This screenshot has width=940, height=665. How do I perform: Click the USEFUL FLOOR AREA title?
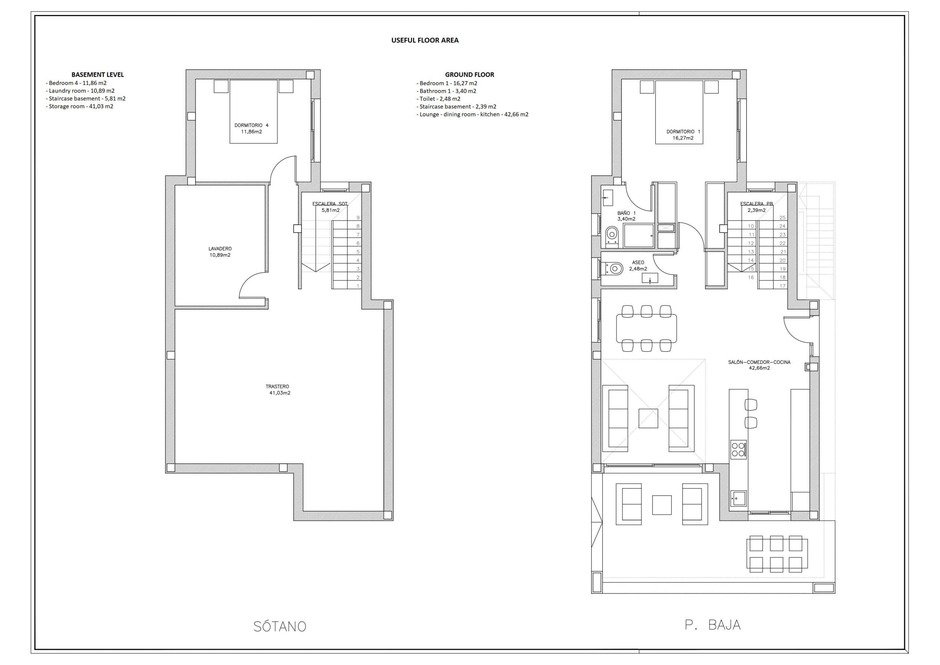tap(424, 40)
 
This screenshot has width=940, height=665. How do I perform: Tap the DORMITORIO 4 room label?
tap(252, 128)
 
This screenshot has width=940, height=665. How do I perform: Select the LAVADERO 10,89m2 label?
tap(220, 252)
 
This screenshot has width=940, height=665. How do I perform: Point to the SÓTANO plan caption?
tap(280, 626)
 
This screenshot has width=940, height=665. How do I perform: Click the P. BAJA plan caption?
tap(713, 625)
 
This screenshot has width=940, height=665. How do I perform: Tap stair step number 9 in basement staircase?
tap(358, 218)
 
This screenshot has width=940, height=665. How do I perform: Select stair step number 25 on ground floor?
tap(782, 218)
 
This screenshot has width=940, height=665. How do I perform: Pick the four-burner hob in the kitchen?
tap(738, 449)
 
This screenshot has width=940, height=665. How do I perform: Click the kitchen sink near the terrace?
tap(738, 498)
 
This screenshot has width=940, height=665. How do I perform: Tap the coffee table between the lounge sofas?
tap(648, 419)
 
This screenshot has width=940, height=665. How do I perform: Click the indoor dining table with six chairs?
tap(646, 328)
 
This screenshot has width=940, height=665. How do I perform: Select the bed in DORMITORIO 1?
tap(679, 112)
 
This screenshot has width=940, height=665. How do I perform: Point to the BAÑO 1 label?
tap(626, 216)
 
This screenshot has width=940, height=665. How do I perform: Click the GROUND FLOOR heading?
tap(469, 75)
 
